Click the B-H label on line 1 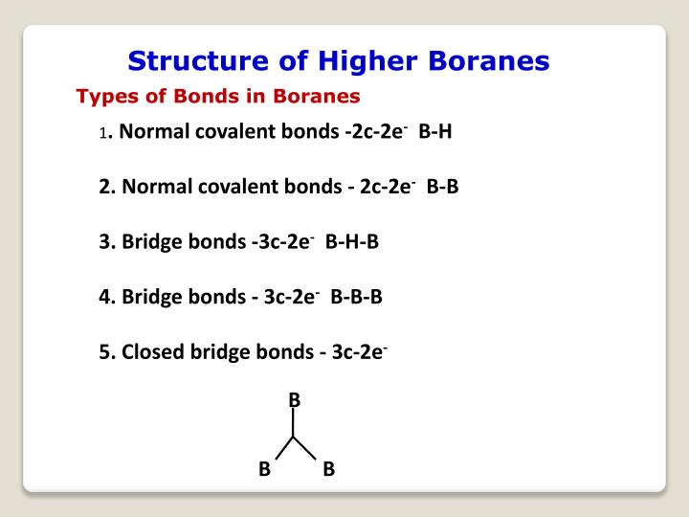pos(435,131)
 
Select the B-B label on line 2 pos(443,187)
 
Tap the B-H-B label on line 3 pos(352,242)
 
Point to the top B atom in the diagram pos(295,399)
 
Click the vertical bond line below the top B pos(295,422)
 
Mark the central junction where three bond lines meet pos(295,437)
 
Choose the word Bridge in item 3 pos(148,242)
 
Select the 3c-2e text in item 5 pos(359,351)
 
